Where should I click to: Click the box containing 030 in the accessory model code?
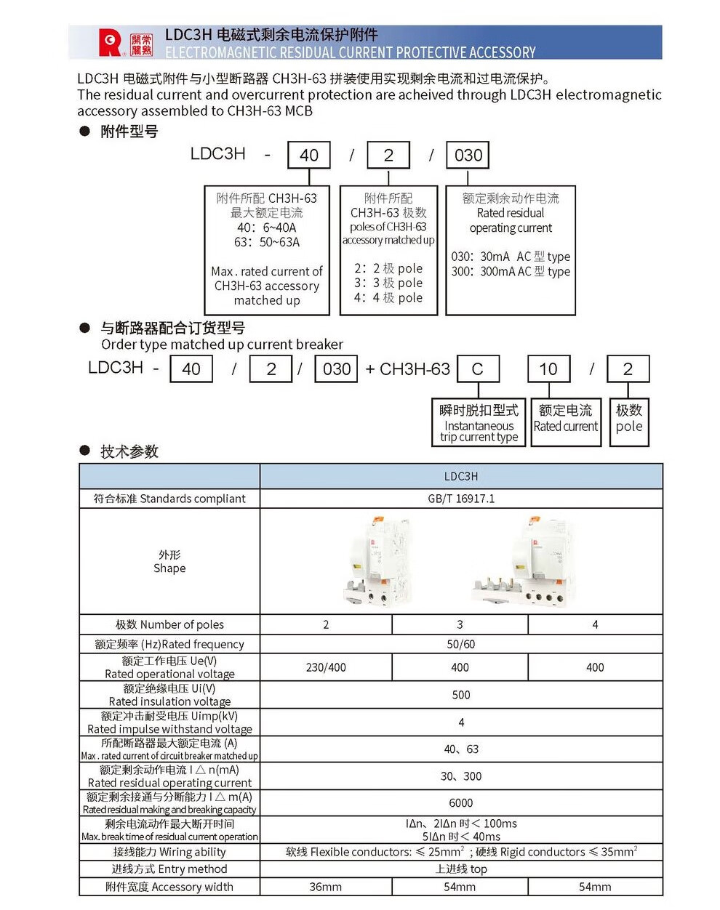468,155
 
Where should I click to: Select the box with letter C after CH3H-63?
478,369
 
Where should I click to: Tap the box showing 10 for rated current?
548,369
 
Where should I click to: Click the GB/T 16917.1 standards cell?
461,499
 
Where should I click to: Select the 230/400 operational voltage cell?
326,667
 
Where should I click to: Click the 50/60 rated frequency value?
461,644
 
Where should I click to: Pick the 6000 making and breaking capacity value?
461,802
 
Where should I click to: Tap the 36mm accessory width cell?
326,887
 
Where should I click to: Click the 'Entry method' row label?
169,869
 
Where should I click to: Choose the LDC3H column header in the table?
461,477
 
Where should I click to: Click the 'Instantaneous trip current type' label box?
479,422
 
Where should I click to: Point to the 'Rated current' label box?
566,422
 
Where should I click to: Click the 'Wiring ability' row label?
169,852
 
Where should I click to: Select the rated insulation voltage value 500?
461,695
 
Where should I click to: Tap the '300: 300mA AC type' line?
511,272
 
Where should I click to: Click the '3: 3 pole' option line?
388,283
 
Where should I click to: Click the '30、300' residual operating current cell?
461,776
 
